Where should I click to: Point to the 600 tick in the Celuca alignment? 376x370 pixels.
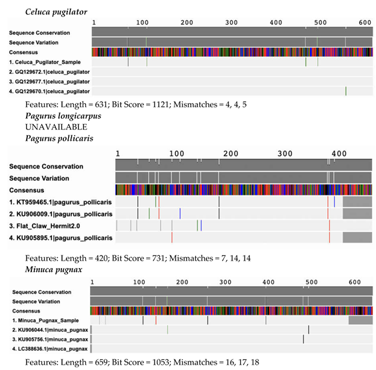click(363, 23)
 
